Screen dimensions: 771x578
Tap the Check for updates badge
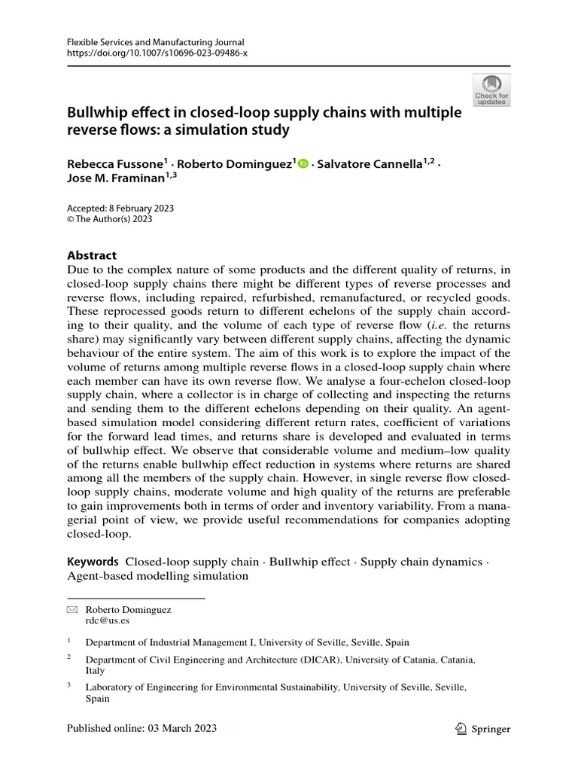pyautogui.click(x=491, y=89)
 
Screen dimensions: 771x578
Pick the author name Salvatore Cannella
pyautogui.click(x=370, y=164)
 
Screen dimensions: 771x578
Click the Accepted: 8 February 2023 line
pyautogui.click(x=115, y=209)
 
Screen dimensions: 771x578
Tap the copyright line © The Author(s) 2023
pyautogui.click(x=110, y=220)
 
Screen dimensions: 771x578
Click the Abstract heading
pyautogui.click(x=92, y=256)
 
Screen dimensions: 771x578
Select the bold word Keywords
pyautogui.click(x=93, y=562)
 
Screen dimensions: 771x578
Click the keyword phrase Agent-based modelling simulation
pyautogui.click(x=157, y=576)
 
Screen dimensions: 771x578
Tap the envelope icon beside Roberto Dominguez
pyautogui.click(x=72, y=610)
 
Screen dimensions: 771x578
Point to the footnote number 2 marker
pyautogui.click(x=68, y=657)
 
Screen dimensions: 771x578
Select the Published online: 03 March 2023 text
pyautogui.click(x=141, y=728)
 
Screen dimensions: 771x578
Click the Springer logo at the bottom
pyautogui.click(x=484, y=728)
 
